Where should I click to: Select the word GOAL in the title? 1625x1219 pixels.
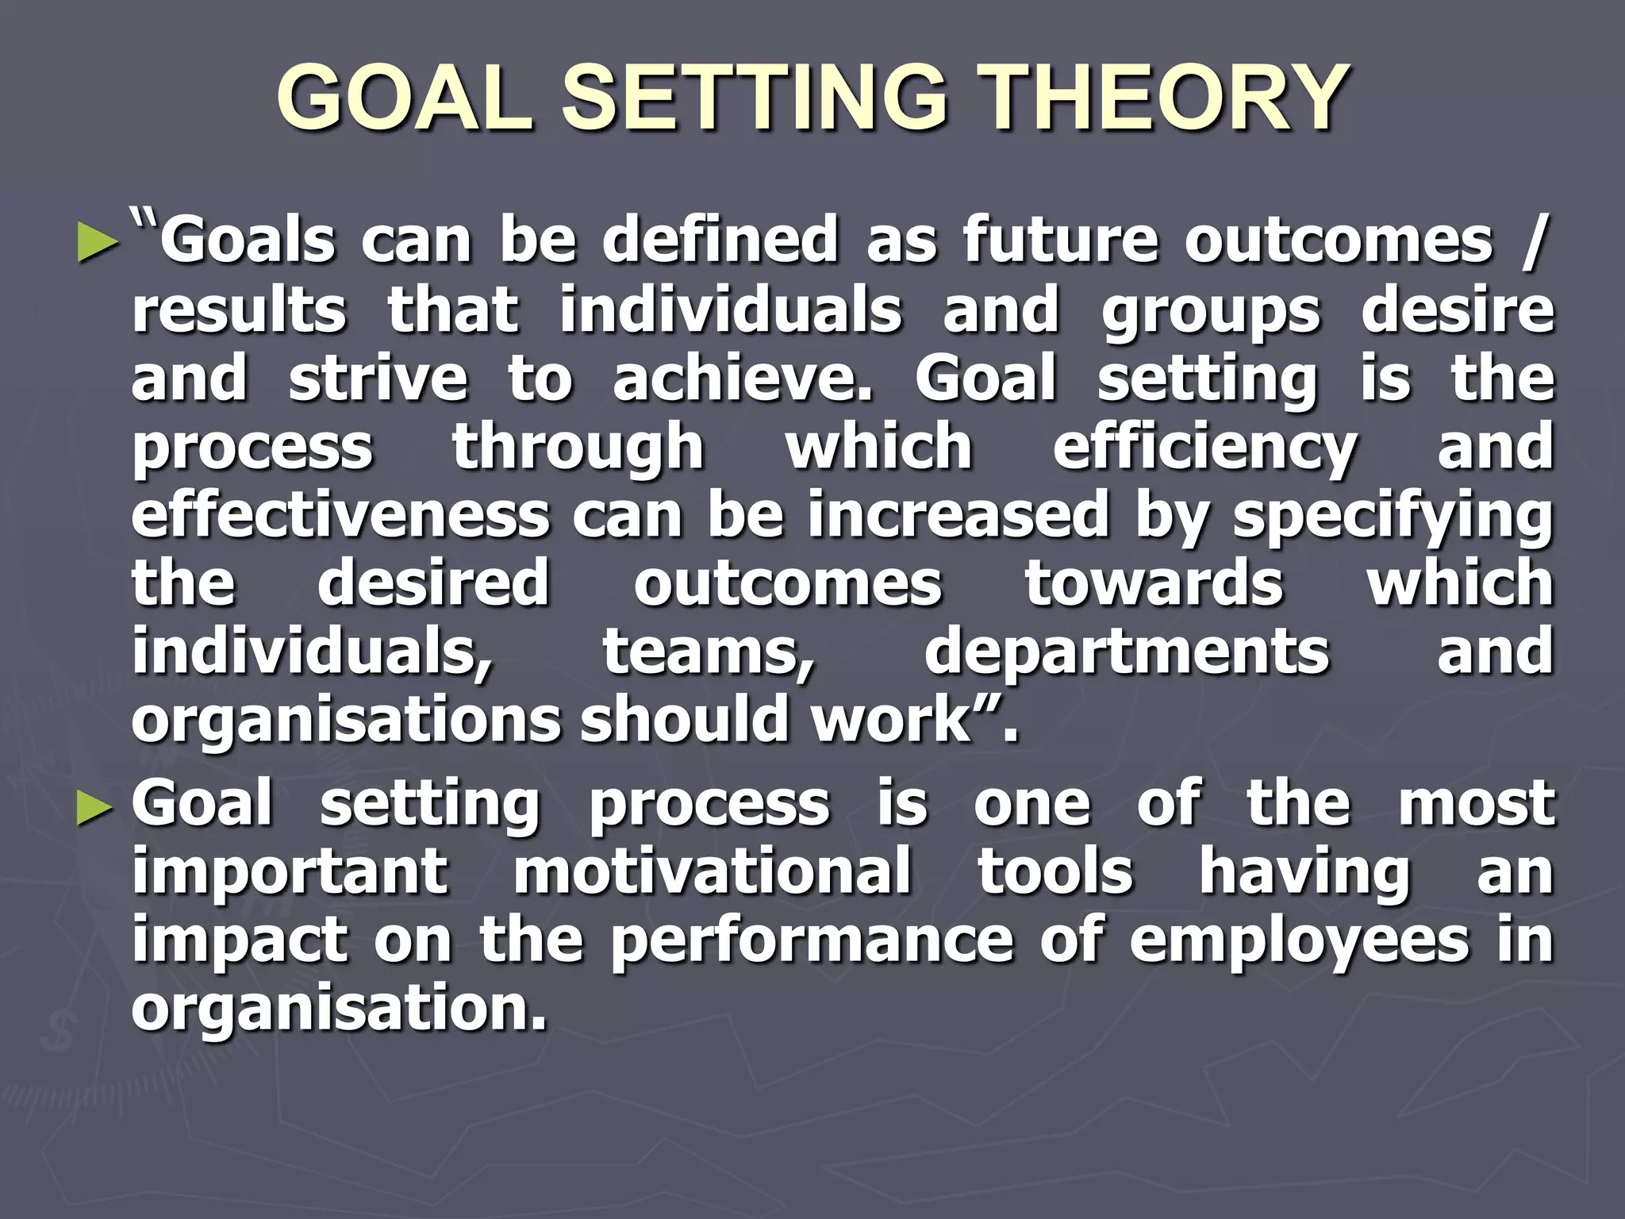pos(405,98)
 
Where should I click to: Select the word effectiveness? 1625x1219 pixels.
pos(340,515)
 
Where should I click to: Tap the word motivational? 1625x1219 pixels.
pos(712,871)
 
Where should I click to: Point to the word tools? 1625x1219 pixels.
pos(1055,871)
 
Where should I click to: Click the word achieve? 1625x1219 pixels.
pos(742,379)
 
